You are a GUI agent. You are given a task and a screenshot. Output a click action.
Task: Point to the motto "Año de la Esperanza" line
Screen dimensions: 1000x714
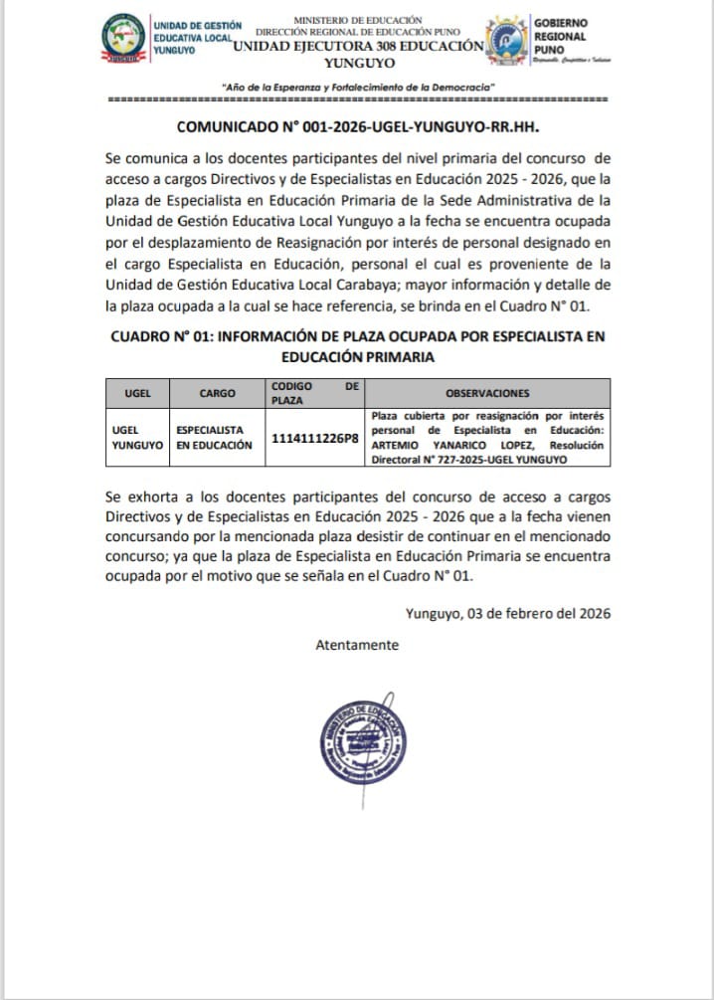coord(357,88)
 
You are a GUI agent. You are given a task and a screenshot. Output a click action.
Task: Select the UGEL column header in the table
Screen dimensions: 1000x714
coord(137,393)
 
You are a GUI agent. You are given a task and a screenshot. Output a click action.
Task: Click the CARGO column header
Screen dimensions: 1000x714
coord(217,393)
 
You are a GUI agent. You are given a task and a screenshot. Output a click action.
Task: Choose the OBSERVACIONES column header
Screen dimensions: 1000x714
coord(487,393)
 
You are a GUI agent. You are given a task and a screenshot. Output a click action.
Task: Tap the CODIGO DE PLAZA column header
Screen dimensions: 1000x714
coord(314,392)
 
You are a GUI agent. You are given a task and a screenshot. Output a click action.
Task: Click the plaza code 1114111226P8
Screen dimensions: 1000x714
coord(314,437)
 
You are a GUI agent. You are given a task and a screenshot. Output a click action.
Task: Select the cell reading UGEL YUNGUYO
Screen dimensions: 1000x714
coord(137,437)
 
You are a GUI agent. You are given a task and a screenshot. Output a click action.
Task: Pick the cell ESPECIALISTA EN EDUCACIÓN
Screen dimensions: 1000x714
coord(217,437)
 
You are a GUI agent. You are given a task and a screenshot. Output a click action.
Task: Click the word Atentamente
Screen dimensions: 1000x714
coord(357,645)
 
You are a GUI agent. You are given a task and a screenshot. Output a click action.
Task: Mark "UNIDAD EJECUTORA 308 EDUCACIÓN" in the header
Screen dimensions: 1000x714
coord(358,46)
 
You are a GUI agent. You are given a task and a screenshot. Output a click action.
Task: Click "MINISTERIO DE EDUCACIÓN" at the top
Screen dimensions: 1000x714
coord(358,20)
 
